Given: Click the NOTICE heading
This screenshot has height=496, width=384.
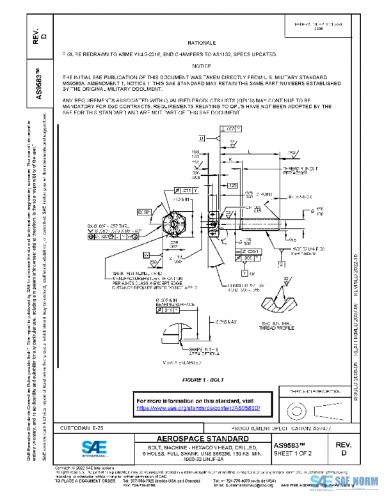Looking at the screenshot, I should point(202,66).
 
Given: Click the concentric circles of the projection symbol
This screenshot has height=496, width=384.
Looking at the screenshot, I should point(296,407).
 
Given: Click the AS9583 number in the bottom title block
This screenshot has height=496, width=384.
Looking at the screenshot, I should point(293,444).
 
